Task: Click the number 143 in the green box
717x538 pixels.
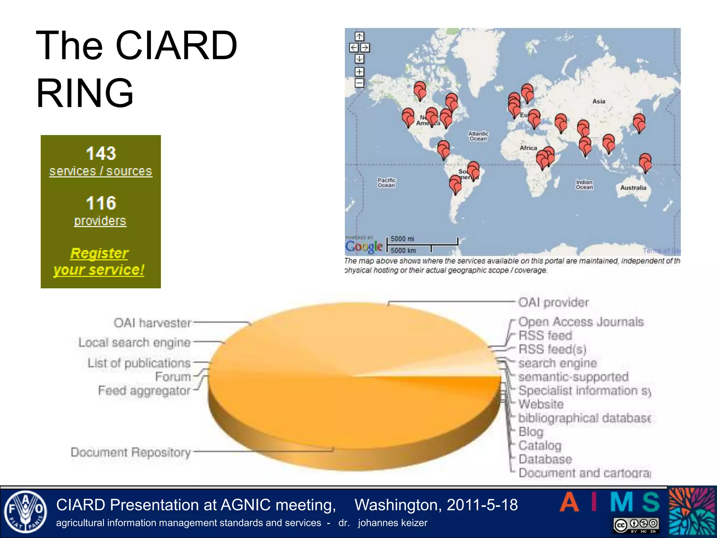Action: tap(101, 153)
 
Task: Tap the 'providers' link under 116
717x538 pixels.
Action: tap(100, 221)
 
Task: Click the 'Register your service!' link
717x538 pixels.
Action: tap(99, 261)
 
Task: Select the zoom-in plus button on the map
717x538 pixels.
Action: tap(359, 72)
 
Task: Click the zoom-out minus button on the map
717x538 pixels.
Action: tap(359, 83)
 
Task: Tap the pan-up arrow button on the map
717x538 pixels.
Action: tap(359, 36)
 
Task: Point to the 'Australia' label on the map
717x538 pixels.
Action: tap(633, 188)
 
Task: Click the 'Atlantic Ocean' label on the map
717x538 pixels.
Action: tap(478, 136)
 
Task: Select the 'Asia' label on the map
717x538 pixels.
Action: tap(599, 101)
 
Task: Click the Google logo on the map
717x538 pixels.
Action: tap(364, 247)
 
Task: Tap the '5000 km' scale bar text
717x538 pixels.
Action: tap(403, 250)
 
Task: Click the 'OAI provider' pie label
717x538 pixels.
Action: tap(553, 302)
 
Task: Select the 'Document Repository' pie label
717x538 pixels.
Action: tap(131, 452)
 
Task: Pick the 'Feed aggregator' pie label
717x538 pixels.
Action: tap(144, 390)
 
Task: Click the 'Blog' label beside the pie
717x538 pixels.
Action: tap(530, 432)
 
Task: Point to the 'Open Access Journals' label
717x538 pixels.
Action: tap(580, 322)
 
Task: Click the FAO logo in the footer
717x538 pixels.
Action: tap(25, 512)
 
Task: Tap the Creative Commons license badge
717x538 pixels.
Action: tap(636, 525)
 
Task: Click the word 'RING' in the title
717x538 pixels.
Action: tap(85, 93)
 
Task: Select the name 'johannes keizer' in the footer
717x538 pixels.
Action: tap(392, 523)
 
